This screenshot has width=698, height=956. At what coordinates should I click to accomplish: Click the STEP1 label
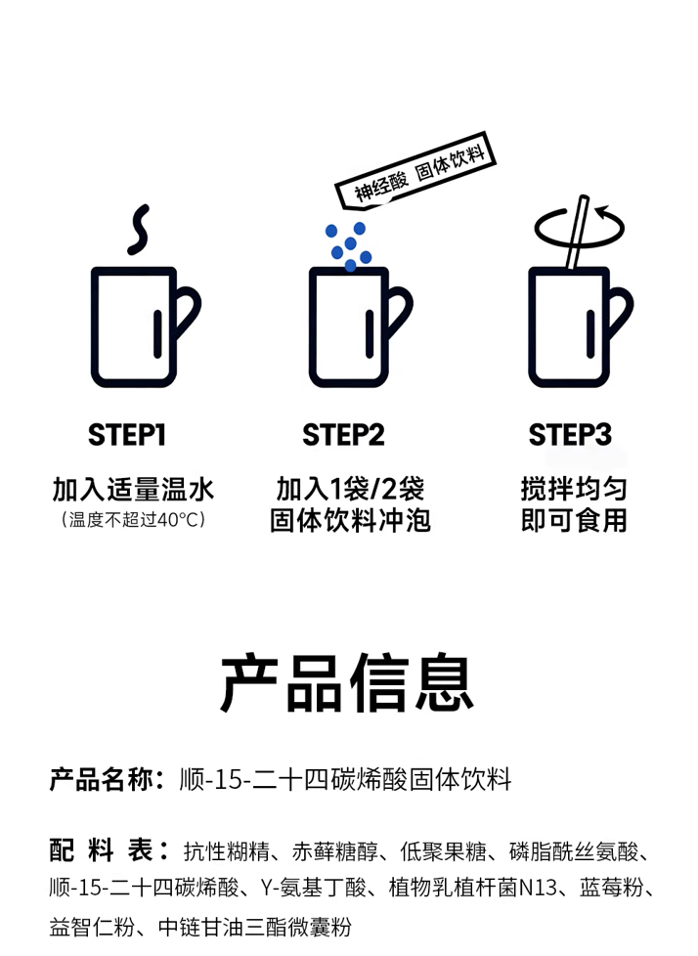click(128, 435)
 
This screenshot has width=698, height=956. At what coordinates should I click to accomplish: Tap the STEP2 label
click(343, 435)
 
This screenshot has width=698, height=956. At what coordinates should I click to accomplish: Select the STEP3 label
click(570, 435)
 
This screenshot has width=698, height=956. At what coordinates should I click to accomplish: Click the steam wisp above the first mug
click(141, 229)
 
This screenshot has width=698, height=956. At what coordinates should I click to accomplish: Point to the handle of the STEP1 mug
click(187, 318)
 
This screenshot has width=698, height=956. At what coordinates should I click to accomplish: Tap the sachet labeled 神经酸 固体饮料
click(424, 170)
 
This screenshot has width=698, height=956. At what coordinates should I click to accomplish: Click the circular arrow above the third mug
click(580, 226)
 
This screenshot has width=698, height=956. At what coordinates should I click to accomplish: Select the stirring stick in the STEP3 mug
click(575, 235)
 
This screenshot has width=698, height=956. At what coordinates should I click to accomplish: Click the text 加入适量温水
click(133, 490)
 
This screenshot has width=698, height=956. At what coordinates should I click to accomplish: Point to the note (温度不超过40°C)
click(133, 520)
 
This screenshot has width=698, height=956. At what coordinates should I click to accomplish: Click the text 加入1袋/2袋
click(350, 490)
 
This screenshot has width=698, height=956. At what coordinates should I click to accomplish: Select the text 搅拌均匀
click(574, 490)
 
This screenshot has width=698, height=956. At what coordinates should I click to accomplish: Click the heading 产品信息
click(348, 682)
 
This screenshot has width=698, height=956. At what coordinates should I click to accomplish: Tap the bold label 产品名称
click(102, 780)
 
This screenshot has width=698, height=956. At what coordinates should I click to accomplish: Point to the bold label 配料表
click(108, 851)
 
